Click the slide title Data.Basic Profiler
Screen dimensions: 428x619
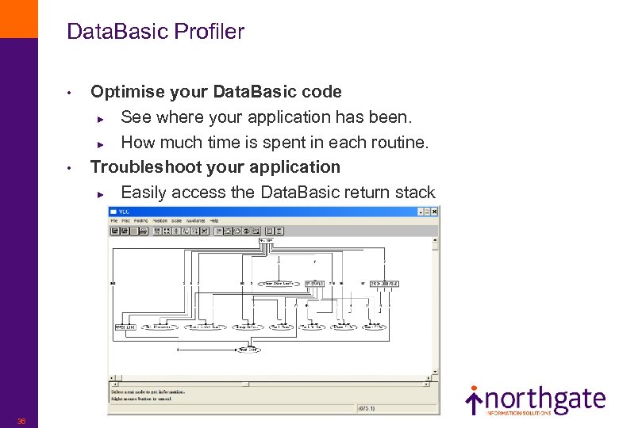(x=156, y=32)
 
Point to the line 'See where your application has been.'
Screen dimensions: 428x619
(x=266, y=117)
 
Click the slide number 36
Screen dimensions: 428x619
(x=21, y=421)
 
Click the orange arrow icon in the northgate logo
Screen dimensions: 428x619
(x=473, y=401)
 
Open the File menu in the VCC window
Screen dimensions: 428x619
(x=114, y=220)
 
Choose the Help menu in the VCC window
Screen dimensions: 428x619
(x=213, y=220)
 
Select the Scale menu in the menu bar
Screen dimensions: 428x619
(x=175, y=220)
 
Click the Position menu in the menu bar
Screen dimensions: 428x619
(x=160, y=220)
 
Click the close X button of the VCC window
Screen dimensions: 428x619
(x=434, y=212)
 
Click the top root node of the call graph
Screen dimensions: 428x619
(x=265, y=239)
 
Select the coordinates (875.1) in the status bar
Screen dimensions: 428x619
(x=366, y=408)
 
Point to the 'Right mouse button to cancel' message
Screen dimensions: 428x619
(x=142, y=399)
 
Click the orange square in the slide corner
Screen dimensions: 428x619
(x=18, y=18)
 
